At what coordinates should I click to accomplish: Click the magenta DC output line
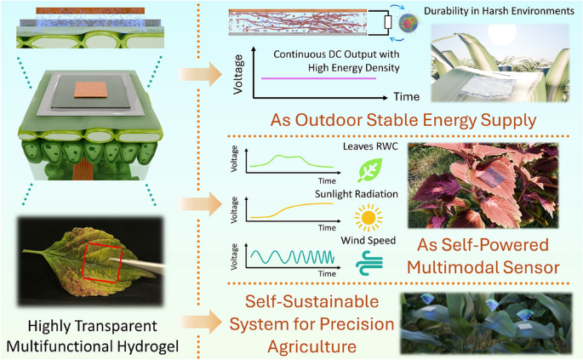319,78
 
